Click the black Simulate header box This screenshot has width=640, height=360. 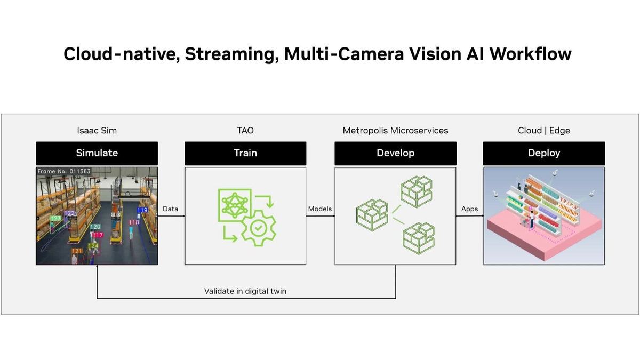(x=97, y=153)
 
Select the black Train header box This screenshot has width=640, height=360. (x=245, y=153)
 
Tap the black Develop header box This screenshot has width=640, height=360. (x=395, y=153)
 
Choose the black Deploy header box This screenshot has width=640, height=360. (x=543, y=153)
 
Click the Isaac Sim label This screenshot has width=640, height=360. (x=97, y=130)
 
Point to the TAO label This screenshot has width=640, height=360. (x=245, y=130)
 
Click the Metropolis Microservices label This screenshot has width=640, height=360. (x=395, y=130)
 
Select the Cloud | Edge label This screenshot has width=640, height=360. (x=543, y=130)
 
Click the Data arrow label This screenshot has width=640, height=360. (x=170, y=209)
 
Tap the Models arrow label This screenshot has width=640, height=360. (x=320, y=209)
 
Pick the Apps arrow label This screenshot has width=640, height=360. (x=469, y=209)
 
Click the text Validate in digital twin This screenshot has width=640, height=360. (x=245, y=291)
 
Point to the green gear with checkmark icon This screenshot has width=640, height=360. (x=259, y=228)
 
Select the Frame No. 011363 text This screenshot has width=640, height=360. (x=64, y=172)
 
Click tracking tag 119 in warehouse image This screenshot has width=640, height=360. (x=142, y=210)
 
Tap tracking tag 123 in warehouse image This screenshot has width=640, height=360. (x=55, y=219)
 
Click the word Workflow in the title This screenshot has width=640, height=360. (x=530, y=54)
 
